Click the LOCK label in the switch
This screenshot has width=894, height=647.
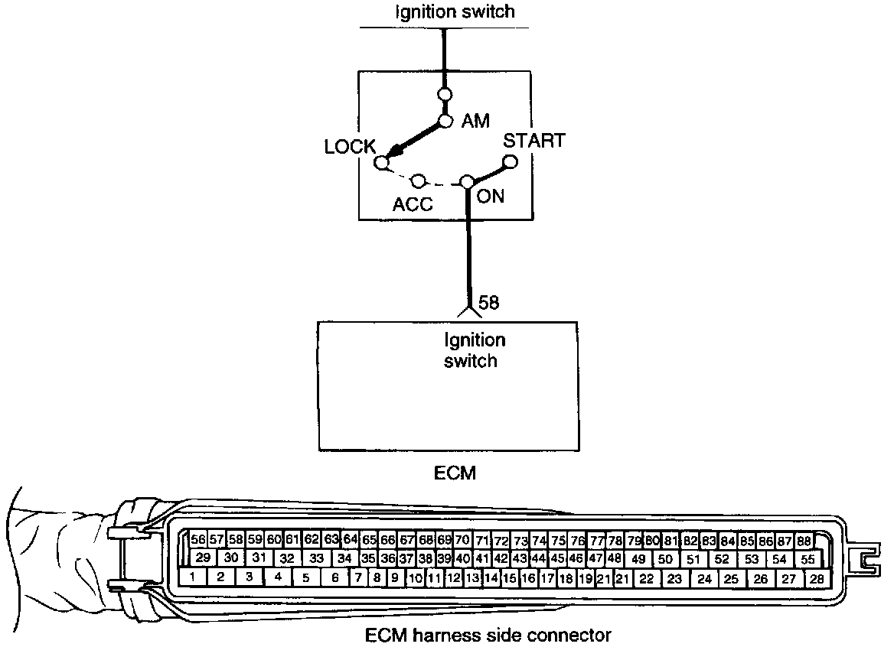[349, 146]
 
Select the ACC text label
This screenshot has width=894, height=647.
[413, 204]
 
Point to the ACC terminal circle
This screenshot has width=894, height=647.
[419, 181]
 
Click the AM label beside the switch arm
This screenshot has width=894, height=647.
[475, 121]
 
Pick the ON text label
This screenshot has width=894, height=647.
[491, 197]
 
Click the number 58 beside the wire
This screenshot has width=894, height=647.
[488, 303]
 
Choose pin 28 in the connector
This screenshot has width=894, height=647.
[817, 579]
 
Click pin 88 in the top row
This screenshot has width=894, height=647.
[803, 541]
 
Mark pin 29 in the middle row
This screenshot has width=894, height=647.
[203, 558]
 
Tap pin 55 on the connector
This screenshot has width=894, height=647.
[808, 559]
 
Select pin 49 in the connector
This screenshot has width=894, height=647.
[638, 559]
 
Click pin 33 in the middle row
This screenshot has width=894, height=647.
[316, 558]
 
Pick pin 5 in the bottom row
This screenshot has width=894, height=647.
[305, 578]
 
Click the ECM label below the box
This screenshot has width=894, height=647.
[455, 473]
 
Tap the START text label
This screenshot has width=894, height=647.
[533, 141]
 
